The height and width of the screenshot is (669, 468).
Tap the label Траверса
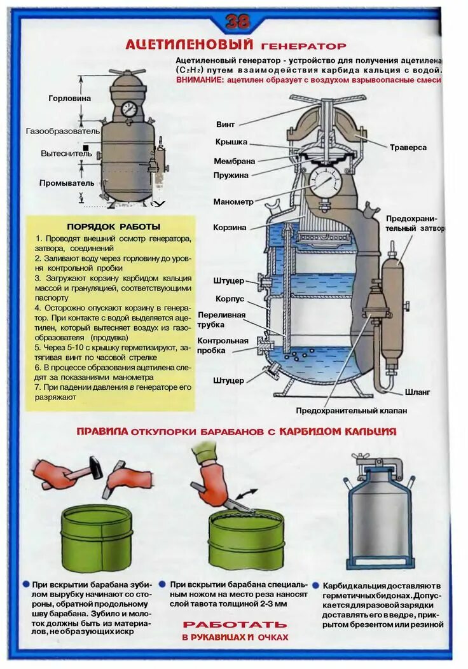(408, 148)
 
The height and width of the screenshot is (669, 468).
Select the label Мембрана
(234, 162)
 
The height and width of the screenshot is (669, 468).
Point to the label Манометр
(233, 202)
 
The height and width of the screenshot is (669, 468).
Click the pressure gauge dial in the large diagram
(326, 184)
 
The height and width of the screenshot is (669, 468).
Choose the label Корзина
(230, 227)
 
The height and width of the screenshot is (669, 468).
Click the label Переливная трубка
(221, 320)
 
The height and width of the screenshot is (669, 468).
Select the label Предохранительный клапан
(351, 411)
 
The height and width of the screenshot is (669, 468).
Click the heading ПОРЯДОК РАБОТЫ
(114, 226)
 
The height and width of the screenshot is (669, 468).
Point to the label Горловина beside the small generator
(69, 99)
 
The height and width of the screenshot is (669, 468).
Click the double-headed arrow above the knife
(247, 495)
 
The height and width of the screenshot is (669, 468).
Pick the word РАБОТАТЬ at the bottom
(235, 624)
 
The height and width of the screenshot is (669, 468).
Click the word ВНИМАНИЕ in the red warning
(200, 80)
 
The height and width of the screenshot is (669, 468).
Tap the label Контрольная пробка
(223, 345)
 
